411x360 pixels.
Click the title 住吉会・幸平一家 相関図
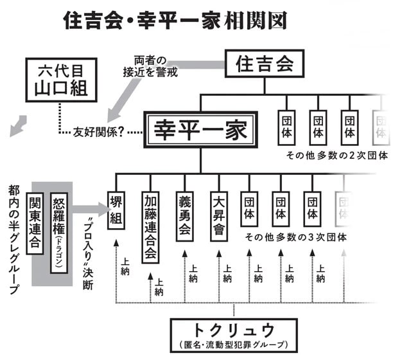174,21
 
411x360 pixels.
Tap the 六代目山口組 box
62,80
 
